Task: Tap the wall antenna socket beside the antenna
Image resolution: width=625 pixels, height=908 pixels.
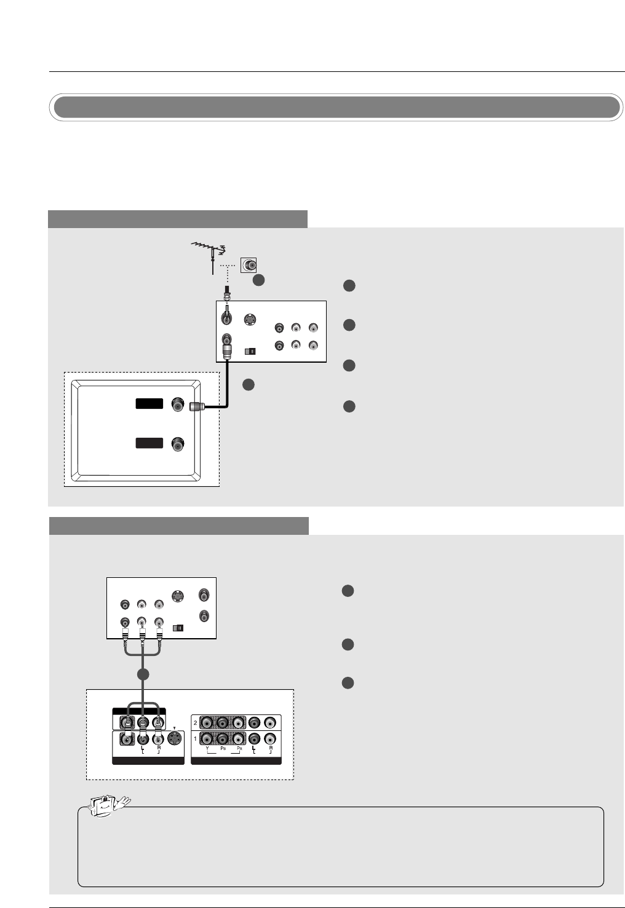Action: (x=249, y=265)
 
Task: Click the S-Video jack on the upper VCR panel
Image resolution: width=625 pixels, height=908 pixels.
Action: (x=249, y=320)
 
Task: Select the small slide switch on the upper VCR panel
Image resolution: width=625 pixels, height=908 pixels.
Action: (x=250, y=352)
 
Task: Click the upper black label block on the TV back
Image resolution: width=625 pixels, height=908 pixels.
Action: (x=149, y=404)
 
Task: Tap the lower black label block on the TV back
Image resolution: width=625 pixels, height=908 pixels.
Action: (x=149, y=443)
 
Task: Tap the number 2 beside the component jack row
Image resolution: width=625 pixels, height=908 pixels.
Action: (x=196, y=723)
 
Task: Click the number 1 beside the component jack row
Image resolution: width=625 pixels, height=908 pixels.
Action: (x=196, y=739)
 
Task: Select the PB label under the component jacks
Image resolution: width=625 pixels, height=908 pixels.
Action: (x=223, y=749)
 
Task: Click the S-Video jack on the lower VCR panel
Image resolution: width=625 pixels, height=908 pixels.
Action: (x=177, y=595)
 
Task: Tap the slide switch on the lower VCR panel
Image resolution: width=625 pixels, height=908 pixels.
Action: (x=178, y=628)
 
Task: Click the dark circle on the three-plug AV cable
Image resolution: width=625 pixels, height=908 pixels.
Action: (x=143, y=674)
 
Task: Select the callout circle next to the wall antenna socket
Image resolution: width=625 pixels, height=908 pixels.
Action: (x=259, y=280)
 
